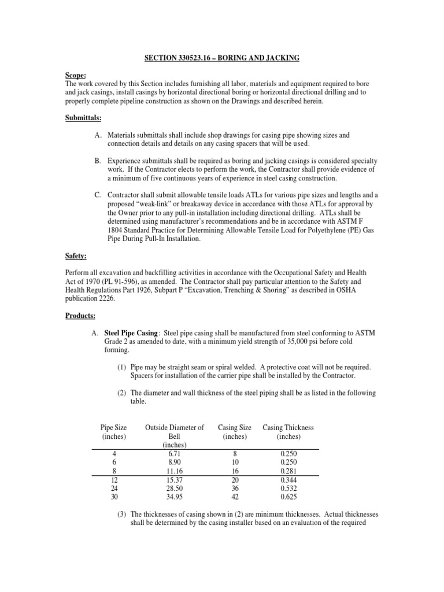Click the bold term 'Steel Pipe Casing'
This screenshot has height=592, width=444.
(132, 333)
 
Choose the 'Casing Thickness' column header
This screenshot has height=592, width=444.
(288, 427)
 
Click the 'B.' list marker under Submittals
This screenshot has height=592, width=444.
(97, 160)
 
